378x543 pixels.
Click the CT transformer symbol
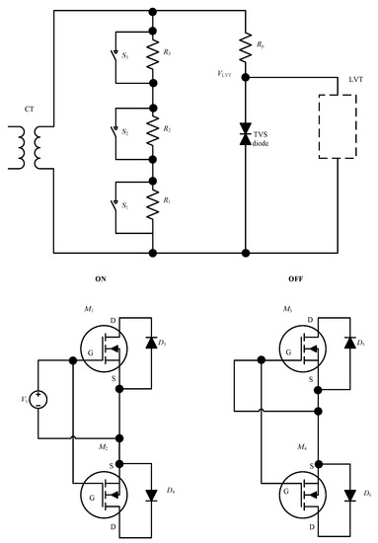point(38,148)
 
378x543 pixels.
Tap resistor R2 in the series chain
point(152,129)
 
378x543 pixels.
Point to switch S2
point(117,129)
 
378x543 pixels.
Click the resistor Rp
point(246,44)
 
